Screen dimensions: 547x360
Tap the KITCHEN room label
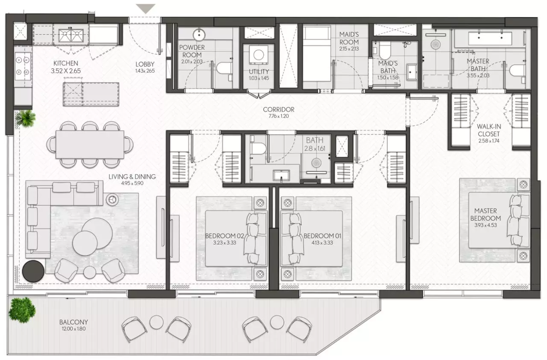coord(66,63)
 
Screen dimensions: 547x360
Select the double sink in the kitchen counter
coord(71,35)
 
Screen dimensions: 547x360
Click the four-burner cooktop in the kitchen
coord(23,66)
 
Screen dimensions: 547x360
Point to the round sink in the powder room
coord(199,35)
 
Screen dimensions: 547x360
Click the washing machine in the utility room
coord(258,55)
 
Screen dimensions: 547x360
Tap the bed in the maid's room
coord(317,54)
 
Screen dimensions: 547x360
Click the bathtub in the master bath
coord(490,38)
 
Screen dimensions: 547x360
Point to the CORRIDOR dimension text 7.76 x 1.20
coord(279,116)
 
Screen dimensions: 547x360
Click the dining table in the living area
coord(90,145)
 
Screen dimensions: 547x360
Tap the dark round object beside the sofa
coord(33,271)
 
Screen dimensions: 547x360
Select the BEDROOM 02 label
coord(224,236)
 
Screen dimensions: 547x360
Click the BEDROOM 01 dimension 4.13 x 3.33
coord(322,243)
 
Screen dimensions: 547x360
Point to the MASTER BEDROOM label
coord(485,215)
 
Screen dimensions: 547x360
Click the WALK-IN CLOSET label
coord(489,130)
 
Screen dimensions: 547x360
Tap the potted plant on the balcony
coord(22,310)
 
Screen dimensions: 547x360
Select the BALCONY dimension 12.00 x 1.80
coord(74,329)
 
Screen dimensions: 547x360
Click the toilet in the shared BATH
coord(258,148)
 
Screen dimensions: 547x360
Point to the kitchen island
coord(91,94)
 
